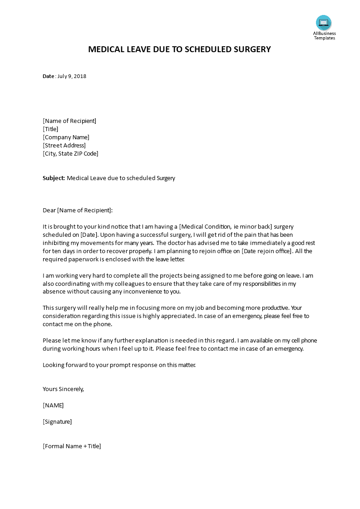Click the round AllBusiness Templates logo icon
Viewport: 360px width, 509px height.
(324, 23)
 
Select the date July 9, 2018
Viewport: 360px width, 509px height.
(72, 76)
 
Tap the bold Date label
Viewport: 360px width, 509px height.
(49, 76)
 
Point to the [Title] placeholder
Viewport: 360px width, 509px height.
(50, 129)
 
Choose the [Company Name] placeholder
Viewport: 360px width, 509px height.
(66, 137)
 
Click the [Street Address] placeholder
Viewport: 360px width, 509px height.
(64, 146)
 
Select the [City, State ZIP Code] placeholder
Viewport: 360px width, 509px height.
(70, 154)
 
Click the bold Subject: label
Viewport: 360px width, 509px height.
(54, 178)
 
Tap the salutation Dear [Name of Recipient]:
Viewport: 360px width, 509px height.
(77, 210)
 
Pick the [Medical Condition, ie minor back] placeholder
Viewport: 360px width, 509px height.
(226, 227)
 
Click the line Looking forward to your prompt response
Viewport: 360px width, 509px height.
(119, 365)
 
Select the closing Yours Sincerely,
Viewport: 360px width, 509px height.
(63, 389)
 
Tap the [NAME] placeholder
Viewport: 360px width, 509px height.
(53, 406)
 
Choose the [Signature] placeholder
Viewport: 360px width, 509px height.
(57, 422)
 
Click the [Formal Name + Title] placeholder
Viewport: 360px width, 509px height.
(72, 446)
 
